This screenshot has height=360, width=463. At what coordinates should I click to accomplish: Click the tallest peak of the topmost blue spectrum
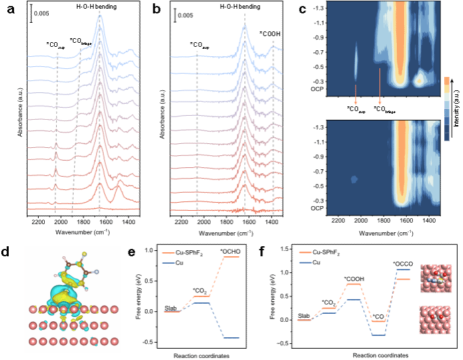(100, 17)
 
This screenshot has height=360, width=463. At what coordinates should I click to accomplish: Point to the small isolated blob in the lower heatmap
(354, 179)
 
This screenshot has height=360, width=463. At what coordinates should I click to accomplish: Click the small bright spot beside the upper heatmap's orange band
(420, 80)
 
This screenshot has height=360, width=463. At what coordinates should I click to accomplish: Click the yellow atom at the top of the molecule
(84, 254)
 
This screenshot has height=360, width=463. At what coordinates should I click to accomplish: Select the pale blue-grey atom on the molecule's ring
(97, 272)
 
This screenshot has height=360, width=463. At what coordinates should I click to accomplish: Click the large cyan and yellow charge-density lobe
(64, 295)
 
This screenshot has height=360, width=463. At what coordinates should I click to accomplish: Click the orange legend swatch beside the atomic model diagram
(168, 253)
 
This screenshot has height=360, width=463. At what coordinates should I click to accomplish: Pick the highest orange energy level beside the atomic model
(231, 257)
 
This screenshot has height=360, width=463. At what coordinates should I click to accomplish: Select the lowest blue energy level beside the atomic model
(231, 338)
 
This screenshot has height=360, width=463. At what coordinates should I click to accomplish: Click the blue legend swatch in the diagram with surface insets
(305, 262)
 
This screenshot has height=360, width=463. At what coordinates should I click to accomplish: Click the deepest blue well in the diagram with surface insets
(379, 335)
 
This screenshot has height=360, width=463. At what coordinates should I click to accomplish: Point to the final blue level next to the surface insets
(403, 270)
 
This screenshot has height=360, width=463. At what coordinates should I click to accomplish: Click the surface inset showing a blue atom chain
(436, 278)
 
